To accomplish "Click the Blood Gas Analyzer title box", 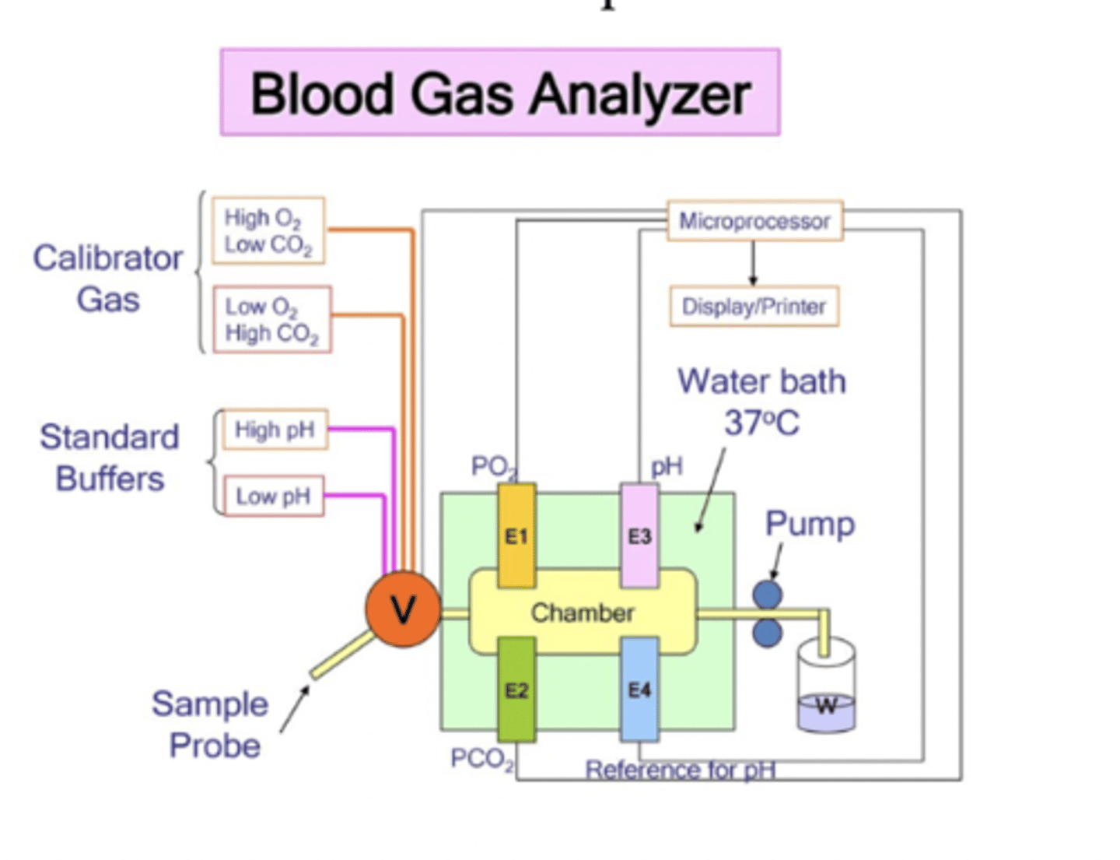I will (500, 93).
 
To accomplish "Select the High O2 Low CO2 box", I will (268, 231).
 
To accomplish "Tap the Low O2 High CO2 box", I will (272, 320).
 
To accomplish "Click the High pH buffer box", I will (275, 430).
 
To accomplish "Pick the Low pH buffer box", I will (273, 497).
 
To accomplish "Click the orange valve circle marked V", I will (402, 609).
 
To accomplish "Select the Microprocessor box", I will (754, 222).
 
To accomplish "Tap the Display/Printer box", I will (754, 307).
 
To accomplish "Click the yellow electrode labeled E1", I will (516, 535).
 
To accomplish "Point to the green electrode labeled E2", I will (516, 690).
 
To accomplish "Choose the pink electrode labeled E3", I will (639, 535).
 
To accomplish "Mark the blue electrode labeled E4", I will (639, 690).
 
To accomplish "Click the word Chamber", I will (583, 613).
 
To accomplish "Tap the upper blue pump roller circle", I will (768, 595).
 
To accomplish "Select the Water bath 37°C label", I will (761, 402).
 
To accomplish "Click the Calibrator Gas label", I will (108, 279).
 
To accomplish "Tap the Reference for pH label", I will (681, 770).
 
